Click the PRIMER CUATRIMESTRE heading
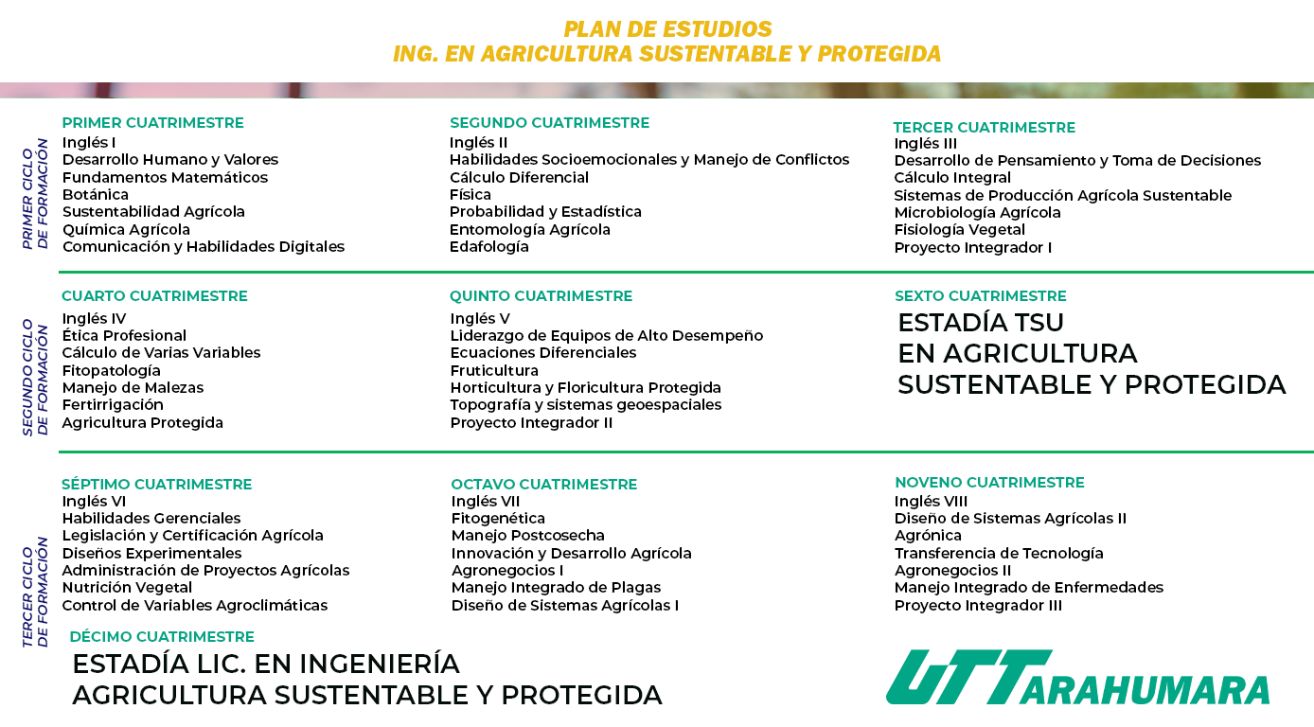pyautogui.click(x=152, y=123)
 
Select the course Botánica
pyautogui.click(x=95, y=194)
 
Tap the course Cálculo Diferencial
pyautogui.click(x=519, y=177)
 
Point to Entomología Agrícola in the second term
pyautogui.click(x=530, y=229)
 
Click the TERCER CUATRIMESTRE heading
pyautogui.click(x=984, y=128)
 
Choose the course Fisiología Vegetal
pyautogui.click(x=959, y=229)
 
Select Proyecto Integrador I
pyautogui.click(x=972, y=248)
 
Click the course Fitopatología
pyautogui.click(x=111, y=370)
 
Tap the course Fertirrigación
pyautogui.click(x=113, y=405)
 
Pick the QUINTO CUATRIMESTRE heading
pyautogui.click(x=541, y=295)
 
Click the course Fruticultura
pyautogui.click(x=494, y=370)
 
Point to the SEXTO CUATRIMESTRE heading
pyautogui.click(x=980, y=295)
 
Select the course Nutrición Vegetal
pyautogui.click(x=127, y=587)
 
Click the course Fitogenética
pyautogui.click(x=498, y=518)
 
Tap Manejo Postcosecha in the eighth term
pyautogui.click(x=527, y=535)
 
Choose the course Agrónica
pyautogui.click(x=928, y=535)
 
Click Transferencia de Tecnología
pyautogui.click(x=999, y=554)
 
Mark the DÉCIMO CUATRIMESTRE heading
pyautogui.click(x=162, y=637)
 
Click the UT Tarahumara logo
pyautogui.click(x=1077, y=677)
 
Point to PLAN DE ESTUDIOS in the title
pyautogui.click(x=667, y=28)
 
